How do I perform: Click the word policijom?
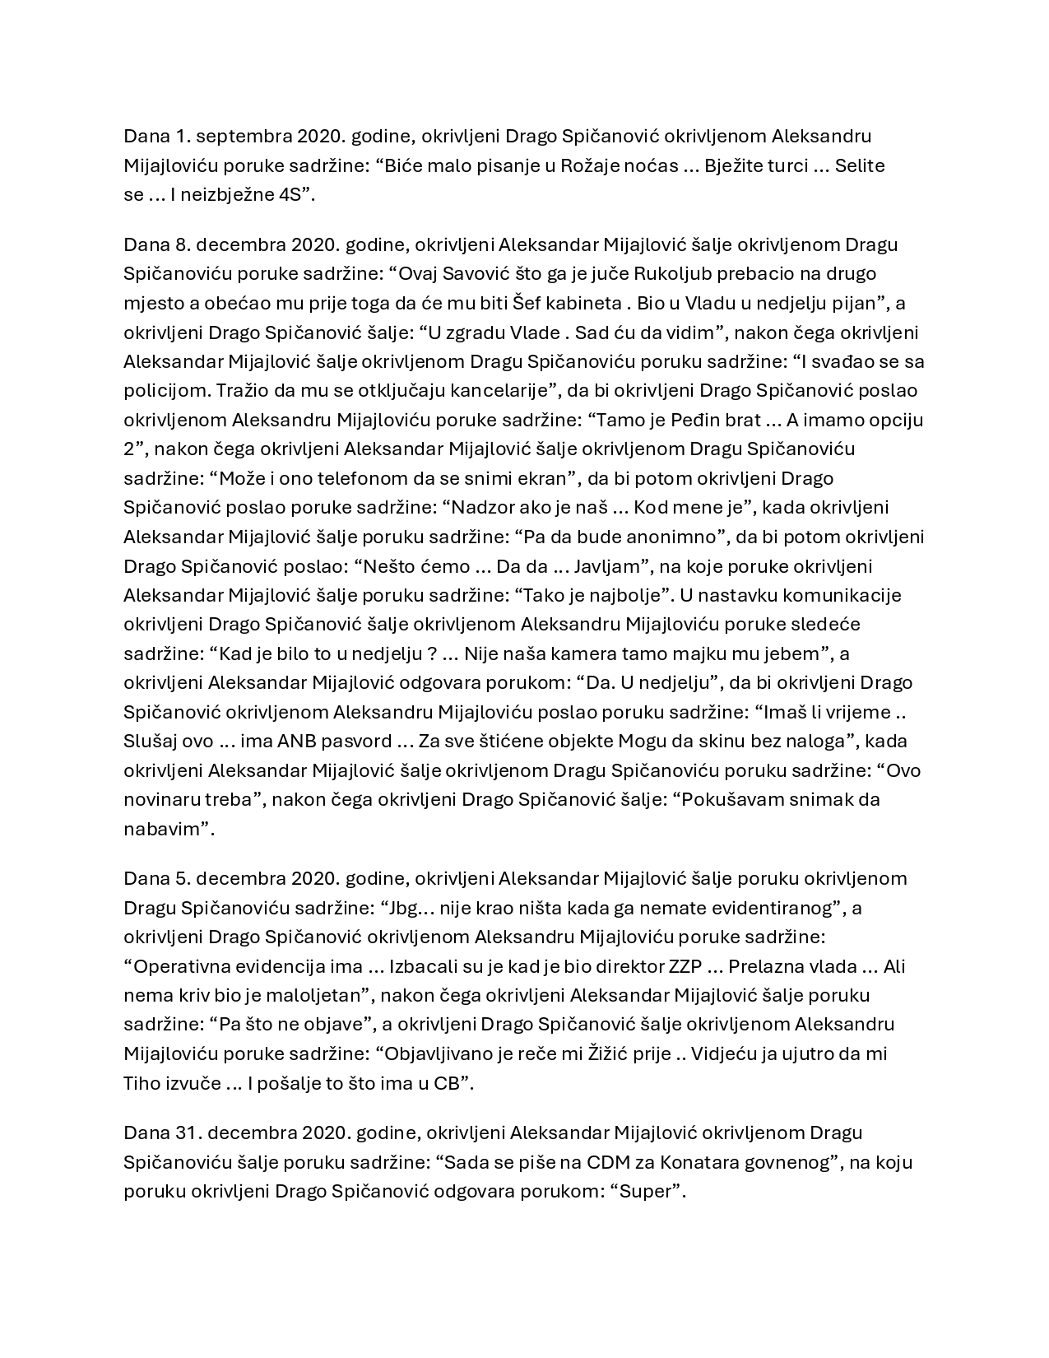159,391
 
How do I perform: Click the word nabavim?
162,829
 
